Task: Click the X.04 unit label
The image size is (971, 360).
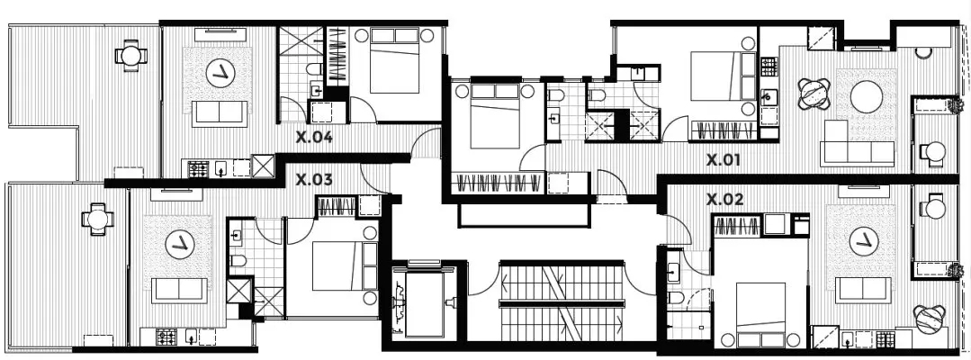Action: pos(314,138)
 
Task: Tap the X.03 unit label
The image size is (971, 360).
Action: pos(314,180)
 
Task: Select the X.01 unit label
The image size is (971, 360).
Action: pos(724,160)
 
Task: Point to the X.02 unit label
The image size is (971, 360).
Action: pos(725,200)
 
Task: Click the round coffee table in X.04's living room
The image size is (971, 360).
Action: pos(220,73)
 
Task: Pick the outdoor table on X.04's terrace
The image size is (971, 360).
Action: pos(130,56)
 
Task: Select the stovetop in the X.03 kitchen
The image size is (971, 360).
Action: pos(166,337)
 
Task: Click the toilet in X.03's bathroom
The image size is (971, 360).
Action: pos(238,261)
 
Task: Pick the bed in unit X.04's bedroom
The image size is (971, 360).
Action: pos(394,60)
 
